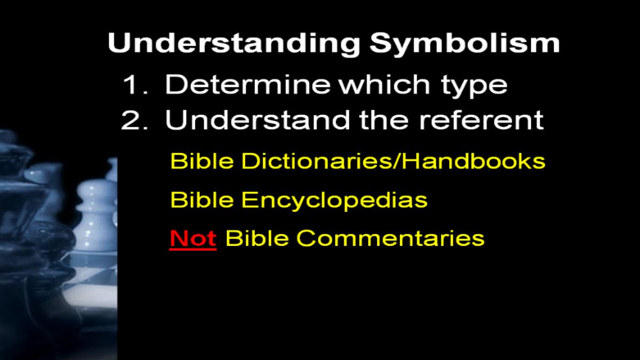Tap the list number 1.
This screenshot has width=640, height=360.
point(135,85)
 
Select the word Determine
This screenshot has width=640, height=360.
point(247,85)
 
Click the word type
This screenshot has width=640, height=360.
point(474,86)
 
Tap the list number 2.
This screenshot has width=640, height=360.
point(135,121)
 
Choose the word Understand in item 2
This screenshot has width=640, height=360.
point(258,120)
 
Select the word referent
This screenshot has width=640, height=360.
point(481,121)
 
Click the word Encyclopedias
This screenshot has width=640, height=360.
point(334,201)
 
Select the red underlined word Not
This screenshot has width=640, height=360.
point(193,238)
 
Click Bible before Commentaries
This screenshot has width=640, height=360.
point(257,238)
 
